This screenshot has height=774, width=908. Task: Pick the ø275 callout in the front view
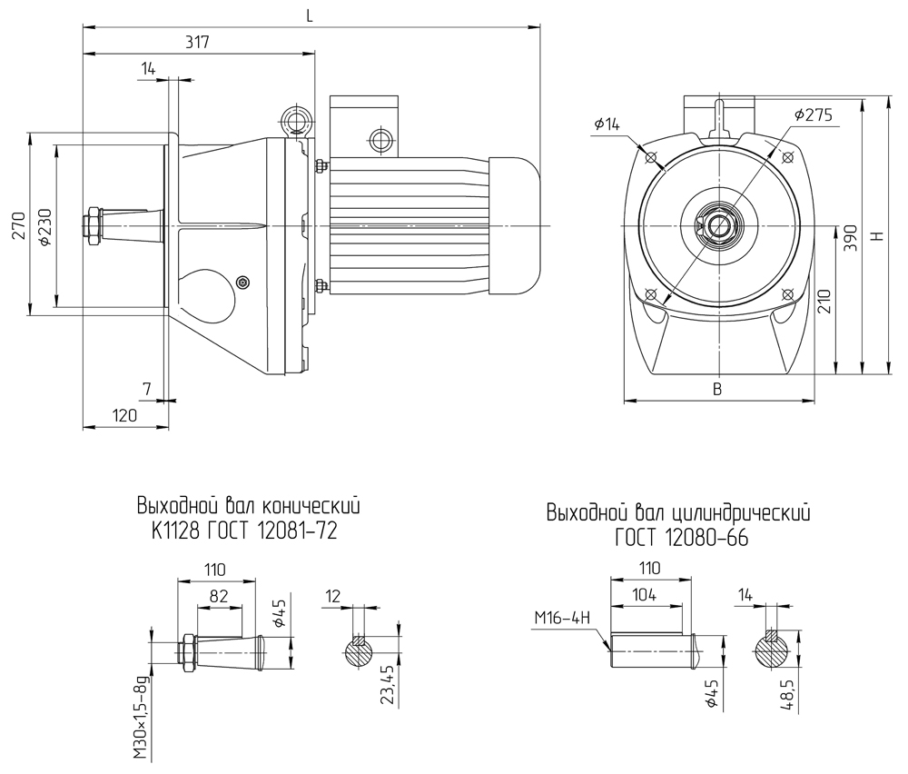pos(813,115)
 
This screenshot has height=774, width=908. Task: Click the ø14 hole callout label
pos(607,124)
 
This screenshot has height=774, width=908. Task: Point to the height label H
pos(876,234)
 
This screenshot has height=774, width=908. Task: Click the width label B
pos(716,389)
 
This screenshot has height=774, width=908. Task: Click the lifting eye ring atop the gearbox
pos(295,120)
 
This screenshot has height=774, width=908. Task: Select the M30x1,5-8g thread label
pos(140,718)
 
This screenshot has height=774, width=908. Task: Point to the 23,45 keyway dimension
pos(389,686)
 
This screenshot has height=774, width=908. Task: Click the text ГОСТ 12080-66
pos(681,539)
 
